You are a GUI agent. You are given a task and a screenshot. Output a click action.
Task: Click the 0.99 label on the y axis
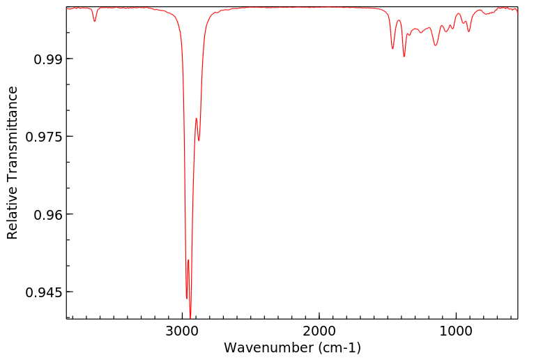tap(43, 59)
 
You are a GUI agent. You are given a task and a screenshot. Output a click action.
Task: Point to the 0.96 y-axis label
tap(43, 214)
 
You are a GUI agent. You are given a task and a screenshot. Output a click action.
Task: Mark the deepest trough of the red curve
tap(190, 317)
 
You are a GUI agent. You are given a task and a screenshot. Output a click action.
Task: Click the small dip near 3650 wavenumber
tap(95, 21)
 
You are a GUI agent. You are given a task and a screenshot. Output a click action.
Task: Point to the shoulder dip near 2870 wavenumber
tap(199, 140)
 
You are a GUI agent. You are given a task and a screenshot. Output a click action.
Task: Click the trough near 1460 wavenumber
tap(392, 48)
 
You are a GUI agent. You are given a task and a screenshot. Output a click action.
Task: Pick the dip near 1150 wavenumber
tap(436, 45)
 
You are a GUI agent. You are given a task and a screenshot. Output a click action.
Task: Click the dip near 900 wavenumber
tap(469, 31)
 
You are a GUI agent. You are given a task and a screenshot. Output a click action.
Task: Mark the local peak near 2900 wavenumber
tap(196, 118)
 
